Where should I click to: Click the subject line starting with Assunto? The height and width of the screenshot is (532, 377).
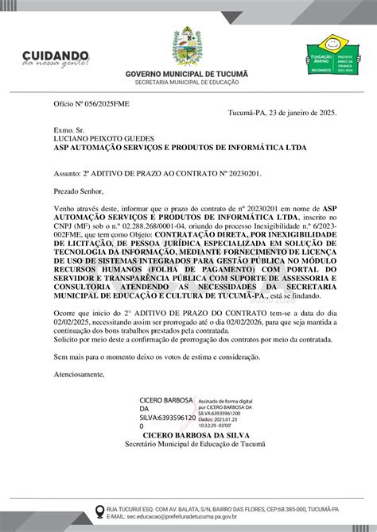[x=157, y=171]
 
